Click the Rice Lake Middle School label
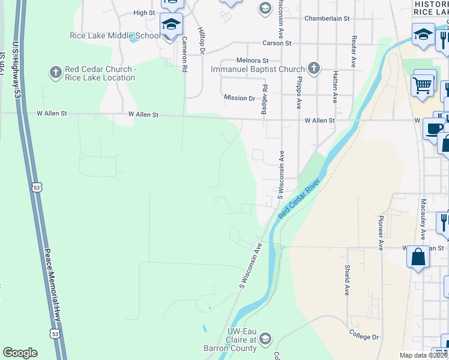tap(115, 35)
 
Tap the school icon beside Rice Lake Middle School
tap(171, 25)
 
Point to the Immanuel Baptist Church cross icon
tap(313, 68)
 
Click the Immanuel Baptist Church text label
tap(258, 69)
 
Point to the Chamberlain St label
tap(327, 19)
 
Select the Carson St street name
tap(277, 43)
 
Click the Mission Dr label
tap(240, 98)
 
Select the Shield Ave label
tap(347, 280)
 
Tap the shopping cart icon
tap(423, 85)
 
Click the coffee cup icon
tap(433, 128)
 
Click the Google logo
tap(20, 353)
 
